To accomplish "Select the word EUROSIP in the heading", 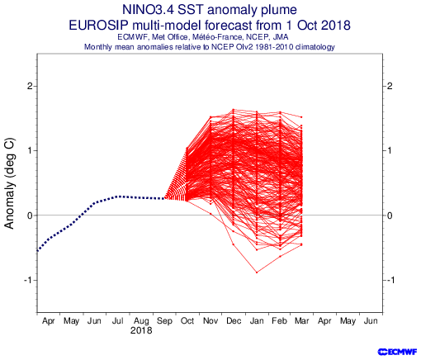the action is click(98, 26).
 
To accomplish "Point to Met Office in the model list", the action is click(169, 37).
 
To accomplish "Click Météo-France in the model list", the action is click(218, 37).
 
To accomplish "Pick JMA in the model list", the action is click(281, 37).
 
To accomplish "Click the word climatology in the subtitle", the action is click(315, 47).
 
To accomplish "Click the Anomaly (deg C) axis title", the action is click(10, 183).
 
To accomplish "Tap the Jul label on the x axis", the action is click(118, 321).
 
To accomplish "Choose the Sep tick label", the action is click(164, 321).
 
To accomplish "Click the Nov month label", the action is click(210, 321).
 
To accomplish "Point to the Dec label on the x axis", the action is click(234, 321).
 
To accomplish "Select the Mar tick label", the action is click(302, 321).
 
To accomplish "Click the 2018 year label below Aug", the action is click(141, 330).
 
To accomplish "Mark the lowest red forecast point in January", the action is click(257, 272).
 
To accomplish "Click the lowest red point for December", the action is click(234, 244).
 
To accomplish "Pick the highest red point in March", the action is click(301, 117).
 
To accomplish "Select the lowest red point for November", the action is click(210, 214).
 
